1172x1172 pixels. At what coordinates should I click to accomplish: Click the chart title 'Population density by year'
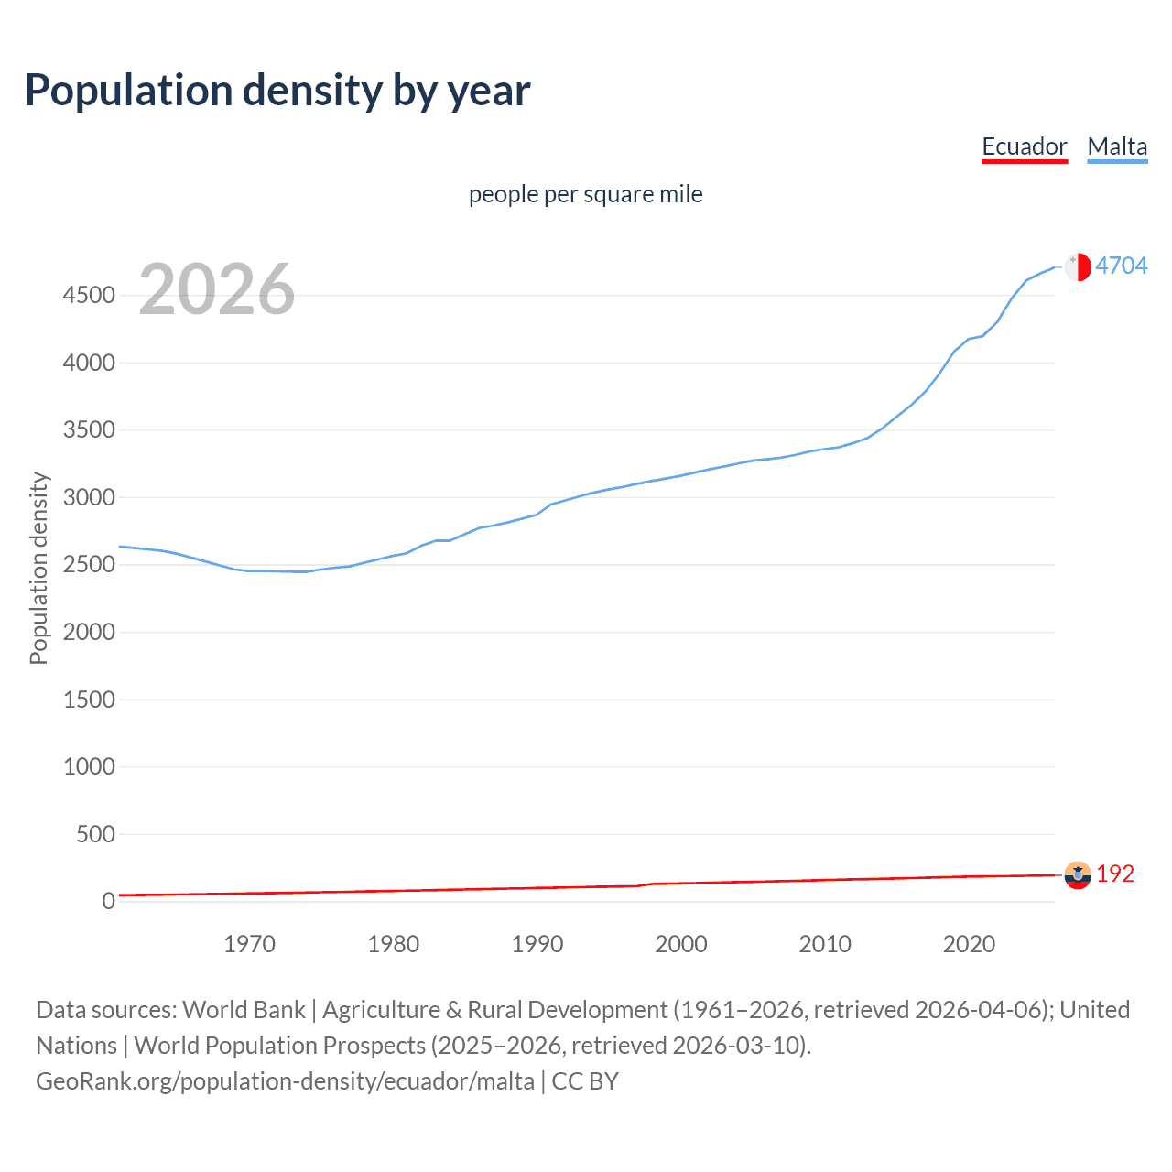click(277, 91)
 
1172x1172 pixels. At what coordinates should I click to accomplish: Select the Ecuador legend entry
click(1024, 146)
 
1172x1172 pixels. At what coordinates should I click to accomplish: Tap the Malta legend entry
click(1117, 146)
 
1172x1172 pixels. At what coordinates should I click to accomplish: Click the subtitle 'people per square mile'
click(585, 194)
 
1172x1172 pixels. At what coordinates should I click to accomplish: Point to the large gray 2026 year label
click(217, 289)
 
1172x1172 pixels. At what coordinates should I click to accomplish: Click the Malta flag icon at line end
click(1078, 266)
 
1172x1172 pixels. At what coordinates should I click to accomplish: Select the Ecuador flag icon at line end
click(1078, 875)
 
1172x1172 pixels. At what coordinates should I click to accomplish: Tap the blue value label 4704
click(1121, 266)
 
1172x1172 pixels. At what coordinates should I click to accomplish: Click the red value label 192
click(1115, 874)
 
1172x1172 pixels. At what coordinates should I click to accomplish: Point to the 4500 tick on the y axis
click(89, 295)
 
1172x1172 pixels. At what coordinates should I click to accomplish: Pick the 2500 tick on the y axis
click(89, 564)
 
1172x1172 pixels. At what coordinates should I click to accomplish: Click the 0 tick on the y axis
click(108, 901)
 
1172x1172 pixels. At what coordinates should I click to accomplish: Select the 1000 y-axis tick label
click(89, 766)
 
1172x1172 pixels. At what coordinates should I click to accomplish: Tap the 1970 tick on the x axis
click(249, 944)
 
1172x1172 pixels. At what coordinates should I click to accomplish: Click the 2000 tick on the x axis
click(681, 944)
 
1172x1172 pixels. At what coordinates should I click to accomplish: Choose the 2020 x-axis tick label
click(969, 944)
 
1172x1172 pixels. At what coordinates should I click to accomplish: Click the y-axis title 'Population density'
click(38, 568)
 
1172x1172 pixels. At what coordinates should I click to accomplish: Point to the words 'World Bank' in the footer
click(244, 1010)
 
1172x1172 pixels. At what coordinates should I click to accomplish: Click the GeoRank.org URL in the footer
click(285, 1081)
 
